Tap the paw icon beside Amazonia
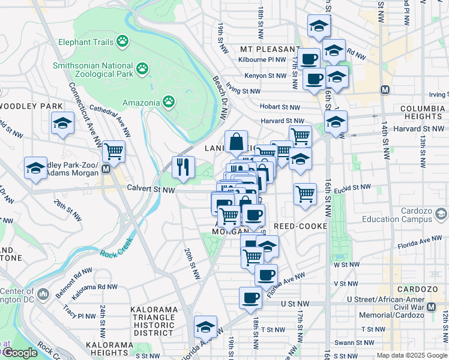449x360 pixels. (x=169, y=102)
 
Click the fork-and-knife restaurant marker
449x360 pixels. (x=183, y=167)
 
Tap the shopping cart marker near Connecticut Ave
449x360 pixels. (x=113, y=152)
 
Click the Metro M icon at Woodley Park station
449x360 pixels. (x=106, y=169)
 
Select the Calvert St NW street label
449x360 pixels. (x=151, y=189)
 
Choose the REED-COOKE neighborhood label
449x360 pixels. (x=300, y=226)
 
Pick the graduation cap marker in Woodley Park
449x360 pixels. (x=62, y=124)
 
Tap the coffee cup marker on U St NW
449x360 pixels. (x=250, y=297)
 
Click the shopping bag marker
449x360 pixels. (x=237, y=142)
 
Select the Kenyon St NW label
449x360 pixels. (x=265, y=76)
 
